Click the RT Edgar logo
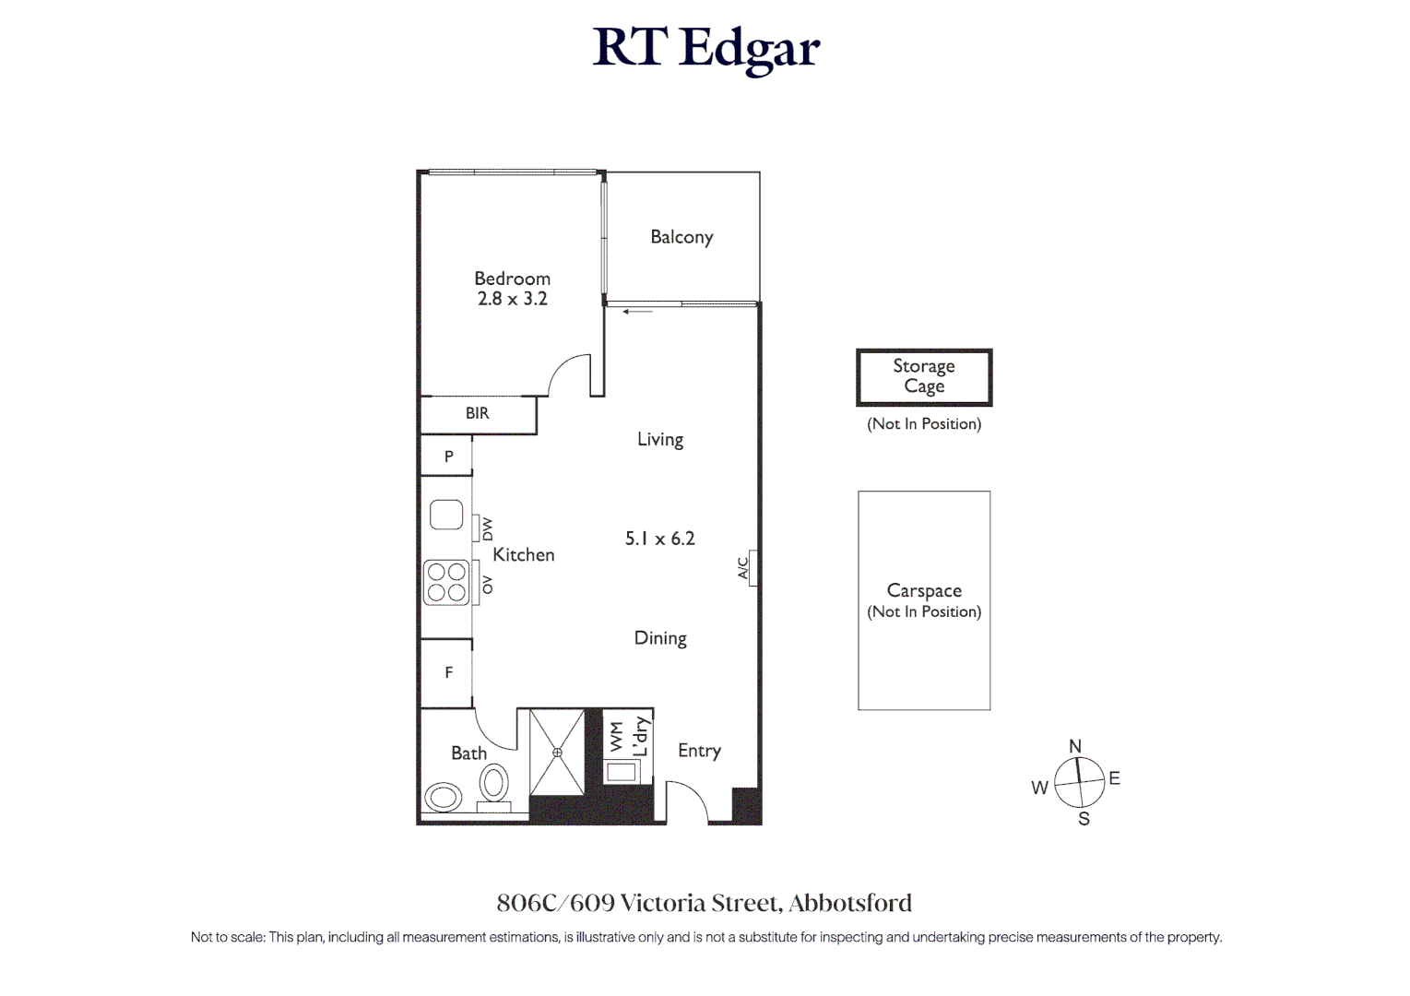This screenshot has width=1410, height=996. point(705,48)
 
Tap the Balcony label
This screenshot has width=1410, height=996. point(681,237)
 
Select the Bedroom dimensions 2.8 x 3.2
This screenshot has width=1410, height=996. point(512,299)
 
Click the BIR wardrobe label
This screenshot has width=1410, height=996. point(477,414)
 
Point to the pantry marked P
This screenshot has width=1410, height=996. point(448,456)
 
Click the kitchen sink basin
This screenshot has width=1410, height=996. point(446,515)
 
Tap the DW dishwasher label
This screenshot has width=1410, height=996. point(487,529)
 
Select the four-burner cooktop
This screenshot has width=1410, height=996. point(446,583)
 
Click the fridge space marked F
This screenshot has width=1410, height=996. point(448,673)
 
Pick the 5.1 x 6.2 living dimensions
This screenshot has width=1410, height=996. point(659,539)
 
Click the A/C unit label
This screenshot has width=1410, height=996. point(743,568)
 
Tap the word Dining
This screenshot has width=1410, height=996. point(660,638)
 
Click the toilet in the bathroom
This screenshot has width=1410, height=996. point(494,785)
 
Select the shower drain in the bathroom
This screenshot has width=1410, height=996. point(557,753)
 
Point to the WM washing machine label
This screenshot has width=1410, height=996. point(617,736)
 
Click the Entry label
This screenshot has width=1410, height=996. point(699,751)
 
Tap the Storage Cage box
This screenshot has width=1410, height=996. point(924,377)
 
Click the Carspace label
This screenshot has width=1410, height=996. point(924,591)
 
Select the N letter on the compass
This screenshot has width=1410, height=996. point(1074,746)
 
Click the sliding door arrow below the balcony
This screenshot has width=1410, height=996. point(637,312)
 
